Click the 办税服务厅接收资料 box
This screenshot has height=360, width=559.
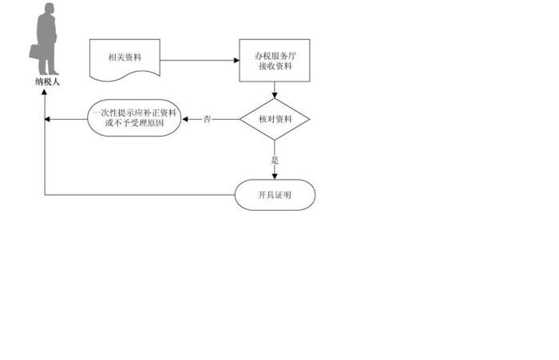(274, 61)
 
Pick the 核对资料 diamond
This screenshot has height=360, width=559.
(274, 119)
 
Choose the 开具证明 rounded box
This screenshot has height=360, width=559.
(274, 195)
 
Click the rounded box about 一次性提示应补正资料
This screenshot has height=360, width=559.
(135, 119)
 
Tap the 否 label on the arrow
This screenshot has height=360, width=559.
(208, 119)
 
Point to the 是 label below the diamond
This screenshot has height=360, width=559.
(274, 160)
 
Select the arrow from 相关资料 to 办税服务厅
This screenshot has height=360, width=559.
(200, 60)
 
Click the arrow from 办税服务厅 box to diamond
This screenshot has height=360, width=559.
(274, 89)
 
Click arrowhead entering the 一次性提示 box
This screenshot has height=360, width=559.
(186, 119)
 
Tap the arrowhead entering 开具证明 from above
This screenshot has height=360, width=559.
(274, 176)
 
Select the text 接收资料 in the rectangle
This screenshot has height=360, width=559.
(274, 66)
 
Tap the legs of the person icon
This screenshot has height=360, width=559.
(48, 62)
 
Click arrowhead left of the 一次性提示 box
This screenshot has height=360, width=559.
(48, 119)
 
